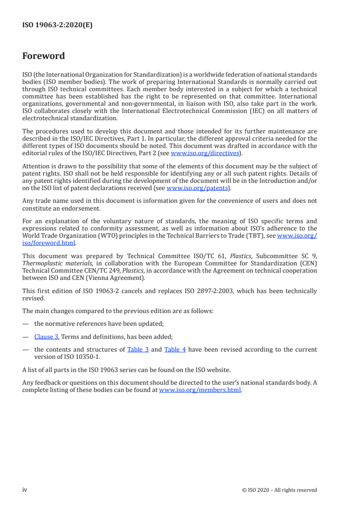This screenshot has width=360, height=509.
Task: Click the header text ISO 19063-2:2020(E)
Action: (x=57, y=25)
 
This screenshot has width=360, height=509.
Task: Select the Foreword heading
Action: (x=44, y=56)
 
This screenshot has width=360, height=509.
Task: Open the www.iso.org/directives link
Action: (x=205, y=153)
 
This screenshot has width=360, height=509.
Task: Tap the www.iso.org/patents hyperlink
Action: (x=198, y=188)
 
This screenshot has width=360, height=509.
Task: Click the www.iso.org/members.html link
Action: (x=200, y=389)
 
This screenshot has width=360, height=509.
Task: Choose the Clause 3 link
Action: (x=46, y=337)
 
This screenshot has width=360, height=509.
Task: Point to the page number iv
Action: (x=25, y=489)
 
